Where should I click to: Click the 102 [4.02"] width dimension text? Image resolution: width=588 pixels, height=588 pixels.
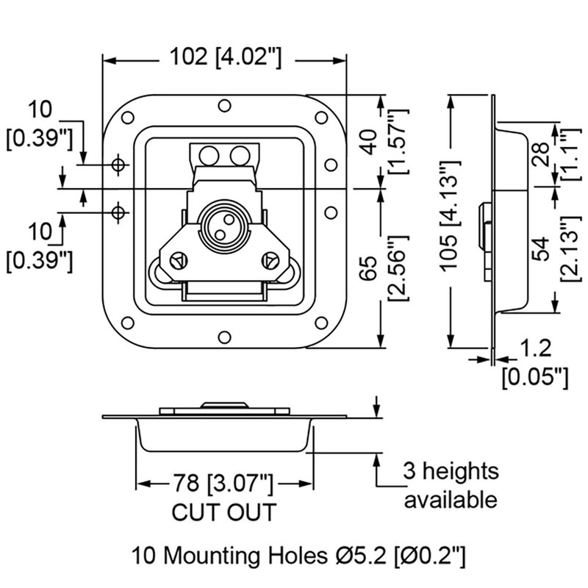[225, 57]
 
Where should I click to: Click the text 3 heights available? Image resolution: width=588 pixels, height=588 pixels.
[450, 485]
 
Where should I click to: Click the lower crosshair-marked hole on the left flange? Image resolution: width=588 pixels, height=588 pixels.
[118, 212]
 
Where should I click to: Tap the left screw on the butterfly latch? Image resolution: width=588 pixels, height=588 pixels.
[177, 259]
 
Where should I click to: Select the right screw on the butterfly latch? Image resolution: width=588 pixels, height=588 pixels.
[271, 259]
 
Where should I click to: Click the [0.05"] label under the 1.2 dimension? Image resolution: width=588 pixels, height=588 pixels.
[535, 377]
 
